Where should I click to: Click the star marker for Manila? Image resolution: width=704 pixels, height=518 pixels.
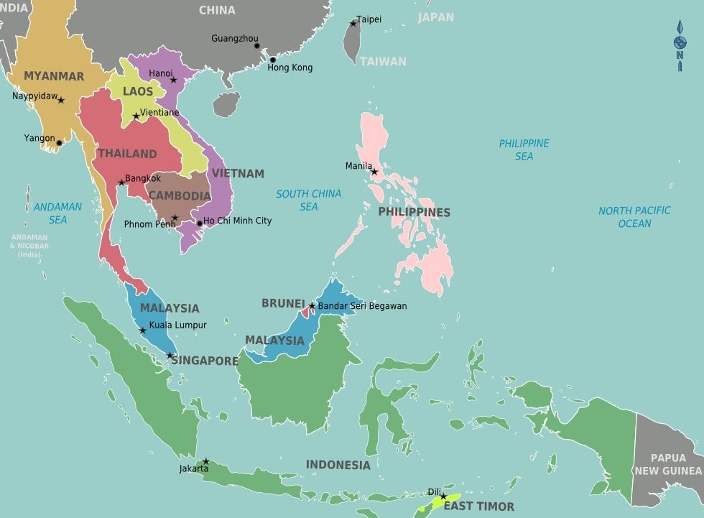pos(374,172)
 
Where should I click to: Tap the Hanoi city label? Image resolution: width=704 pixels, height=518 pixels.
pos(160,73)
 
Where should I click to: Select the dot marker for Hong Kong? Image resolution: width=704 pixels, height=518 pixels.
pos(272,60)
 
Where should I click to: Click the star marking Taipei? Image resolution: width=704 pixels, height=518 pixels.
pos(353,23)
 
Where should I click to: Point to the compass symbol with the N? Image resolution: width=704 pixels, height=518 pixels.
pos(680,45)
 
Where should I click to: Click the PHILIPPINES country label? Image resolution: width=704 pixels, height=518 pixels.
pos(414,212)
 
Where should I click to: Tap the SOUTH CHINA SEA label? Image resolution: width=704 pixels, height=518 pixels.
pos(308,200)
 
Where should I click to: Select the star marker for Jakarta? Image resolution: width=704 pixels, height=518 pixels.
pos(205,461)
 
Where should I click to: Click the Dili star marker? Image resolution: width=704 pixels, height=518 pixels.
pos(443,496)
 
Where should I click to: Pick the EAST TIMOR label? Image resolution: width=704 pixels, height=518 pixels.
pos(478,507)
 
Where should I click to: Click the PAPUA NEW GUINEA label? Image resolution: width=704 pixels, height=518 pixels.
pos(667,464)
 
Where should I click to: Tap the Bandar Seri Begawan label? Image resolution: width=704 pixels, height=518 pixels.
pos(362,306)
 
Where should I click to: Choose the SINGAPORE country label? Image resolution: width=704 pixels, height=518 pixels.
pos(205,361)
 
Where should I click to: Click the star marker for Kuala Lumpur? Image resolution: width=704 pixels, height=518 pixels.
pos(142,330)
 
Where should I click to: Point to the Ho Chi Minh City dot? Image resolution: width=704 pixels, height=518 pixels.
pos(200,223)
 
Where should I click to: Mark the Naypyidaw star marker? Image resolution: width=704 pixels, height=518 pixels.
pos(61,100)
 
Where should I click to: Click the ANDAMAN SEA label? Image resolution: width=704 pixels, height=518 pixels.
pos(57,213)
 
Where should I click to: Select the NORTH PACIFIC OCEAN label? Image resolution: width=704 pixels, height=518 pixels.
pos(634,216)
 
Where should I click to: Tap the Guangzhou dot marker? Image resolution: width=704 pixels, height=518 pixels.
pos(256,46)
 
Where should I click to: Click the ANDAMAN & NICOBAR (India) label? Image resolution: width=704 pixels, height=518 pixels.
pos(29,246)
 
